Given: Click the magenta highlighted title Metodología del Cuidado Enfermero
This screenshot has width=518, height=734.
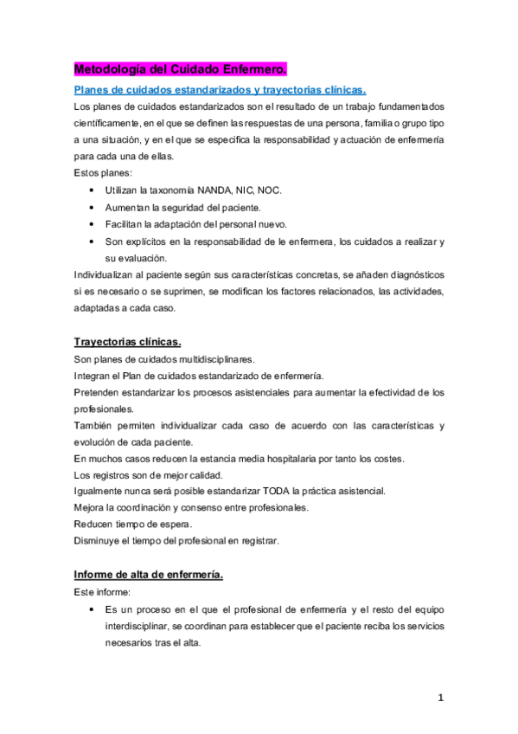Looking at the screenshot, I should point(179,68).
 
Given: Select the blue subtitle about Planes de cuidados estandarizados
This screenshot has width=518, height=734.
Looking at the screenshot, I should point(220,89).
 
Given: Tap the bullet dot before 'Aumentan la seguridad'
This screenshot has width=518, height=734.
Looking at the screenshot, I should point(93,207).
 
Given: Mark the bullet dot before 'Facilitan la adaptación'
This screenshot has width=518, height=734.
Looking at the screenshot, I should point(93,224).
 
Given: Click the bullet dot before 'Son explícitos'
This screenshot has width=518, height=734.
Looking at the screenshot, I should point(93,241).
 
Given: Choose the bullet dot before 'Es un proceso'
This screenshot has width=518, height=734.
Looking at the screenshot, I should point(93,610).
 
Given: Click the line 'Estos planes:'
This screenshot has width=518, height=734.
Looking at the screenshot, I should point(98,173).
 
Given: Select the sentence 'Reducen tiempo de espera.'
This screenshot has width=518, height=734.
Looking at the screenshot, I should point(132,525).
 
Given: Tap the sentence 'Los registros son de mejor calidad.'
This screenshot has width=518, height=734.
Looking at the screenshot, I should point(149,474).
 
